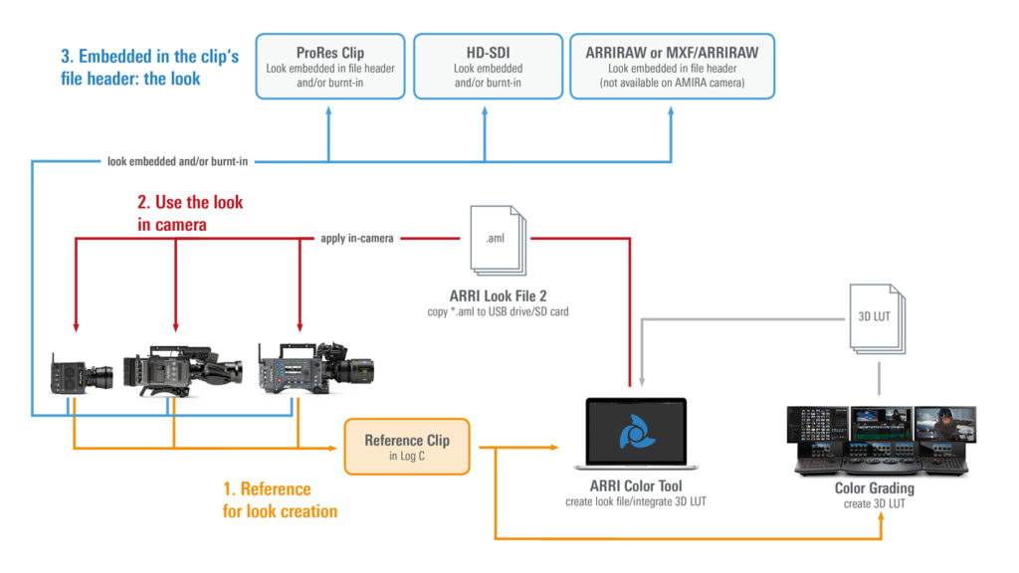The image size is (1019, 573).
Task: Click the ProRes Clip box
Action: tap(330, 67)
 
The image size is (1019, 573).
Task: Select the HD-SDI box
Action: tap(485, 67)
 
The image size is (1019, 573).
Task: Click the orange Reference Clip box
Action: tap(406, 447)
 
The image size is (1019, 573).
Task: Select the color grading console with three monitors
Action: tap(881, 437)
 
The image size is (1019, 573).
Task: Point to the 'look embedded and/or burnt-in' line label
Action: tap(177, 160)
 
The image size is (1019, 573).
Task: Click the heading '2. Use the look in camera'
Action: tap(189, 213)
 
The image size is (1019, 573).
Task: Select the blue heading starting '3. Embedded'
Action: tap(149, 67)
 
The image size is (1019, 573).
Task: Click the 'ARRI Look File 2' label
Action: tap(495, 296)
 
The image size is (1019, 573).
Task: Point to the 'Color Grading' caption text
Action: tap(874, 489)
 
